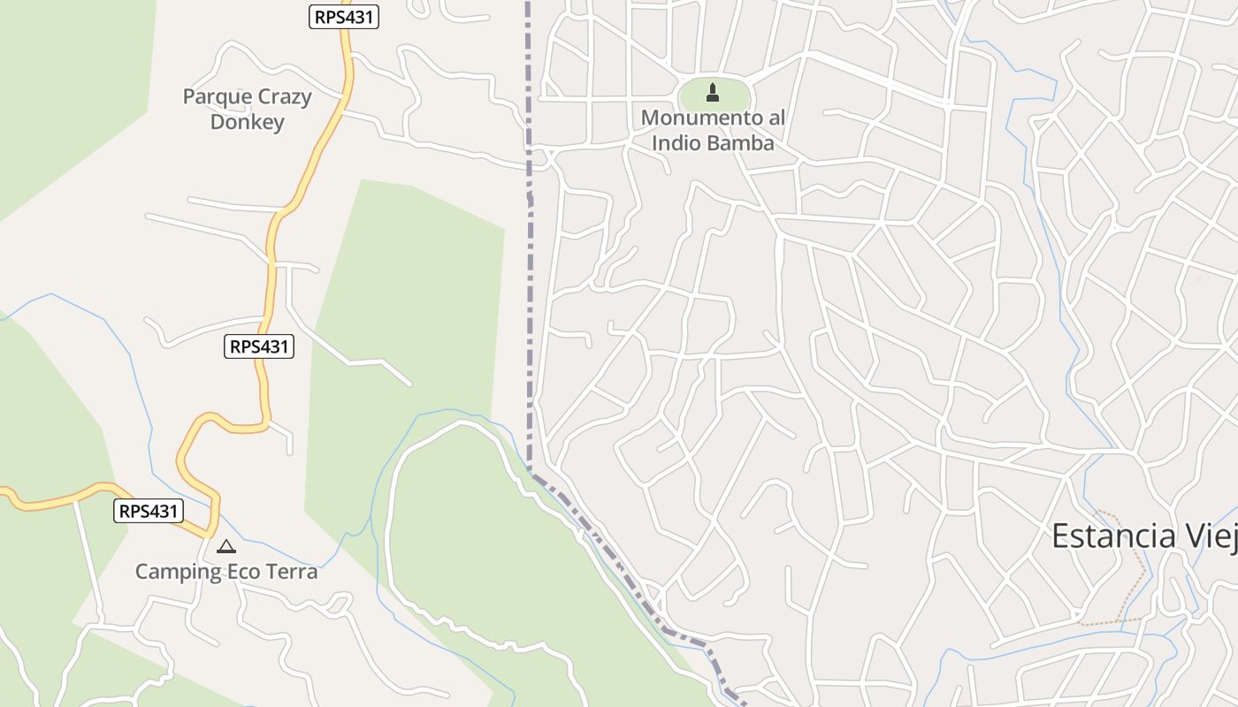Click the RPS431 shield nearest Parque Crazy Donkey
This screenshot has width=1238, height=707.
pos(344,17)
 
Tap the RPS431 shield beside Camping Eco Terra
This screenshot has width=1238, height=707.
pos(149,511)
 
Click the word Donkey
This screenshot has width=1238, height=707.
pos(248,122)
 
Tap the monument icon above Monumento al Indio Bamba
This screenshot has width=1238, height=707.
pos(713,92)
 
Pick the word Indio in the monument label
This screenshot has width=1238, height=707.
pos(676,142)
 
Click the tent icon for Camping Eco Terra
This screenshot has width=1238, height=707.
pos(226,547)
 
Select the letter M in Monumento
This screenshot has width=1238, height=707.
pos(649,118)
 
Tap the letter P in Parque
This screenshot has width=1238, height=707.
pos(188,97)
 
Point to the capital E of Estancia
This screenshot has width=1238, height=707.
pos(1059,536)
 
